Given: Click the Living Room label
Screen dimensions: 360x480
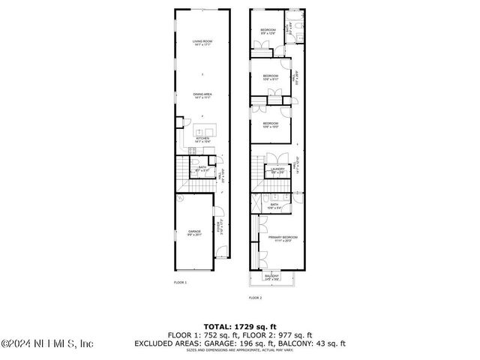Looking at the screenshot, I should (201, 43).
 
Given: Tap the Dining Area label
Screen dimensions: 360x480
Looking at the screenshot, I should (201, 95).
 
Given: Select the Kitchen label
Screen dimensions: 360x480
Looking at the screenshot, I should (201, 139).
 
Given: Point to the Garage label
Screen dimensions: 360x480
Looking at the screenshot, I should (195, 233).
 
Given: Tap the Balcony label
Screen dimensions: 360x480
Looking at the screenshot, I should (271, 277).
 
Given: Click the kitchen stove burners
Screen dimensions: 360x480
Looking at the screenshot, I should (181, 151).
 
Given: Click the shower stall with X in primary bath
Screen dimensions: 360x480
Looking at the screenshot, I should (256, 204).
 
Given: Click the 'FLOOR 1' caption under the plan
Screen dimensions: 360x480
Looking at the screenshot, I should (180, 282).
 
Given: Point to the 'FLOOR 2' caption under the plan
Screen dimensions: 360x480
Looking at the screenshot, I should (255, 298).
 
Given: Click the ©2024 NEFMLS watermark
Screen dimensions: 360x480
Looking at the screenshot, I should (46, 344).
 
